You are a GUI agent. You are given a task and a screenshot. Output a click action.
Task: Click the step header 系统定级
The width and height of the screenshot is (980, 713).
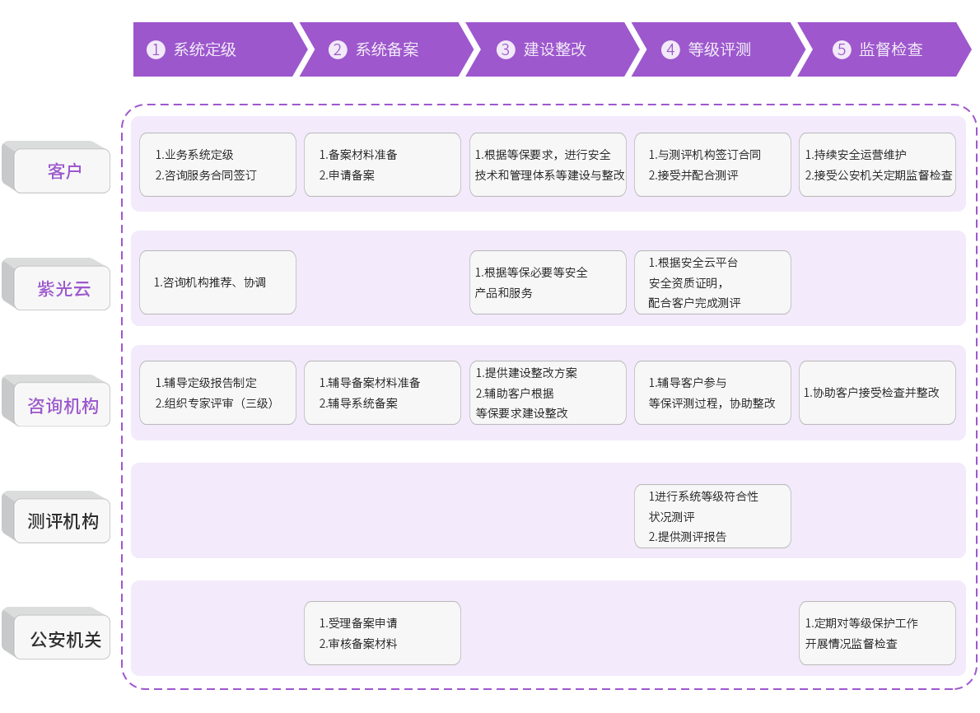pyautogui.click(x=205, y=50)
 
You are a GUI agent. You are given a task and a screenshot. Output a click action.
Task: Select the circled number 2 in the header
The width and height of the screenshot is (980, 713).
pyautogui.click(x=338, y=50)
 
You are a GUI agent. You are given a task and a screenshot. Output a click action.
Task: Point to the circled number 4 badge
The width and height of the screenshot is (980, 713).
pyautogui.click(x=670, y=50)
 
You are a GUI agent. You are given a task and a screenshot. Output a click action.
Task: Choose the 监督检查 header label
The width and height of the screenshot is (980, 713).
pyautogui.click(x=890, y=50)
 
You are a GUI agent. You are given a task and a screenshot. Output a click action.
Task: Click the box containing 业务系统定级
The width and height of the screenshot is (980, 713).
pyautogui.click(x=217, y=165)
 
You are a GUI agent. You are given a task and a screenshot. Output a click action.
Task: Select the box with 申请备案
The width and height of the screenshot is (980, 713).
pyautogui.click(x=382, y=165)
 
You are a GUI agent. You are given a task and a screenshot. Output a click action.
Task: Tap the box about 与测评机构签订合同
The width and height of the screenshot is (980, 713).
pyautogui.click(x=712, y=165)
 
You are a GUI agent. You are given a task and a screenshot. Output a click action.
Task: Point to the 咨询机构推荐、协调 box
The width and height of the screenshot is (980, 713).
pyautogui.click(x=217, y=282)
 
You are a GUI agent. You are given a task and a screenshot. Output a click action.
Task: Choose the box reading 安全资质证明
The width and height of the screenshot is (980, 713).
pyautogui.click(x=712, y=282)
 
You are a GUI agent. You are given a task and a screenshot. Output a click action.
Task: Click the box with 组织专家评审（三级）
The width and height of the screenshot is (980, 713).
pyautogui.click(x=217, y=393)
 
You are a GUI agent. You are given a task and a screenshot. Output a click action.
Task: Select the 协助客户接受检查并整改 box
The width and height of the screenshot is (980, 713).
pyautogui.click(x=878, y=393)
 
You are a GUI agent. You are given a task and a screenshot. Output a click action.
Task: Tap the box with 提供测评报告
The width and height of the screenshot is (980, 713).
pyautogui.click(x=712, y=516)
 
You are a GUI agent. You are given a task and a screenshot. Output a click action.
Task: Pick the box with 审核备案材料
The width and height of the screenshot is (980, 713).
pyautogui.click(x=382, y=633)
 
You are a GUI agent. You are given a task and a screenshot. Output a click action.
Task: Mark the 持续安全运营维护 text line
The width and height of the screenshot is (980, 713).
pyautogui.click(x=856, y=154)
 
